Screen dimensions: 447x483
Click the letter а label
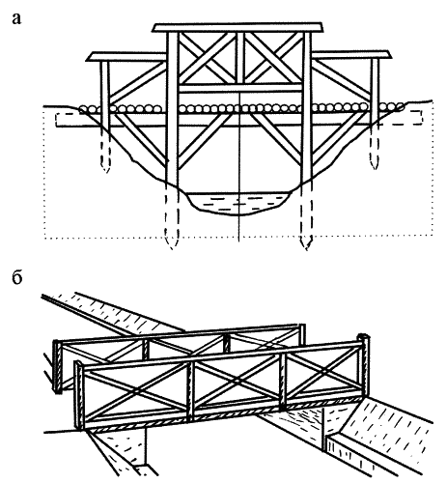pyautogui.click(x=16, y=19)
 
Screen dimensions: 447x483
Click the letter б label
pyautogui.click(x=16, y=277)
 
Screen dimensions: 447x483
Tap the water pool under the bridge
pyautogui.click(x=238, y=204)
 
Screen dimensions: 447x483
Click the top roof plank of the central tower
pyautogui.click(x=237, y=28)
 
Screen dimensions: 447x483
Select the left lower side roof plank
pyautogui.click(x=126, y=57)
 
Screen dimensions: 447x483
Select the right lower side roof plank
pyautogui.click(x=351, y=55)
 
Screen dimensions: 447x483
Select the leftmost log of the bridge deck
pyautogui.click(x=83, y=109)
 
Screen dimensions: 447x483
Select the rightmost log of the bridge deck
pyautogui.click(x=401, y=106)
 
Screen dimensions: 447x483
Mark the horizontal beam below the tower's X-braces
pyautogui.click(x=240, y=88)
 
